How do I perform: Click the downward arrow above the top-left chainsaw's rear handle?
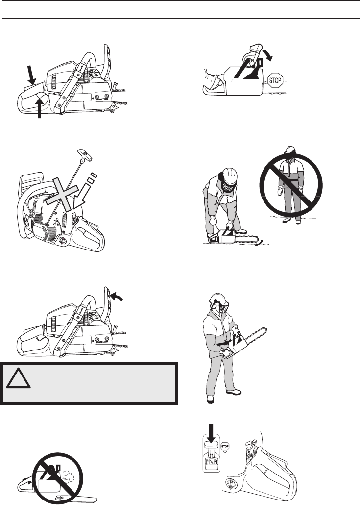(x=31, y=75)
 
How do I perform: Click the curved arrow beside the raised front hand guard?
(x=118, y=295)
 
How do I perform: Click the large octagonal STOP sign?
(x=275, y=80)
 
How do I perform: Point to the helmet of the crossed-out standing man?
(x=290, y=150)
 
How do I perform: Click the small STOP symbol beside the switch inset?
(x=225, y=447)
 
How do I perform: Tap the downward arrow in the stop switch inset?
(x=211, y=432)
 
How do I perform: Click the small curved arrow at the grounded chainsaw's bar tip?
(x=257, y=243)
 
